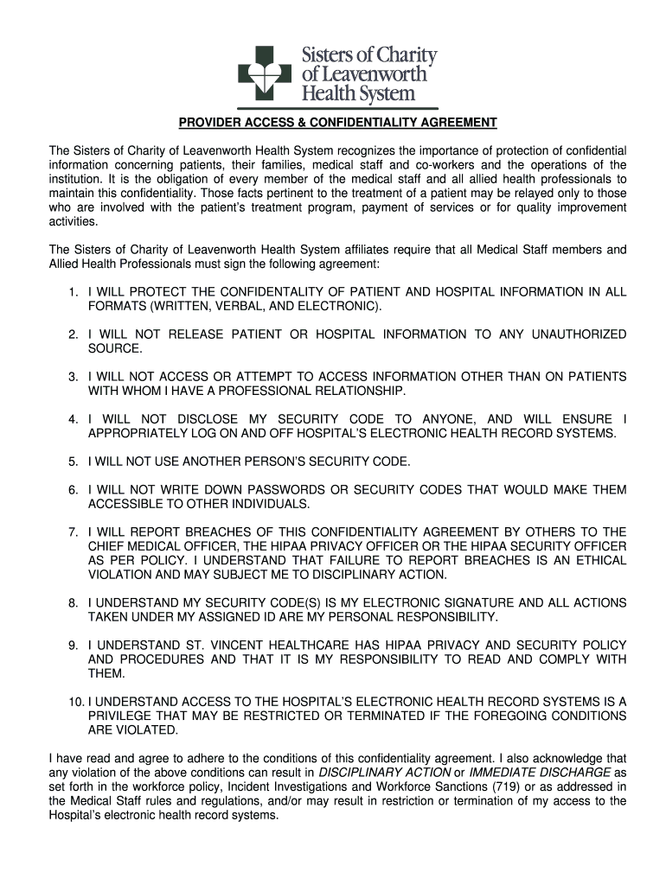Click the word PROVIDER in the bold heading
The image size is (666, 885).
pyautogui.click(x=205, y=122)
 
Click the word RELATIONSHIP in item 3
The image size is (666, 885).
pyautogui.click(x=355, y=392)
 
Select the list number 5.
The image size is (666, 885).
pyautogui.click(x=74, y=462)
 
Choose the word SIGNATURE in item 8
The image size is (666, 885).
pyautogui.click(x=477, y=602)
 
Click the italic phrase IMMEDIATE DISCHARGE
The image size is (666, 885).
pyautogui.click(x=539, y=772)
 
